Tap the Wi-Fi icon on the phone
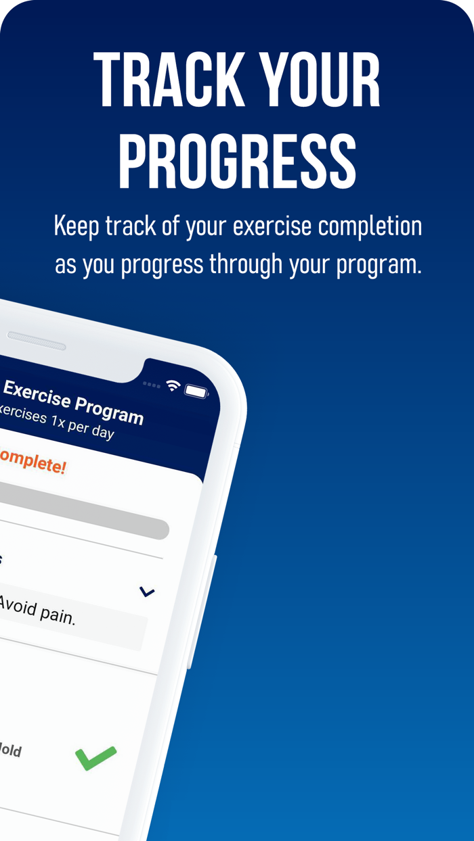(173, 385)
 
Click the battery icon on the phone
(196, 391)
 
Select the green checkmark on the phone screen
(95, 757)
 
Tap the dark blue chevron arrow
(147, 592)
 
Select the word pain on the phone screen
(54, 613)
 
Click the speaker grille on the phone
(37, 341)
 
